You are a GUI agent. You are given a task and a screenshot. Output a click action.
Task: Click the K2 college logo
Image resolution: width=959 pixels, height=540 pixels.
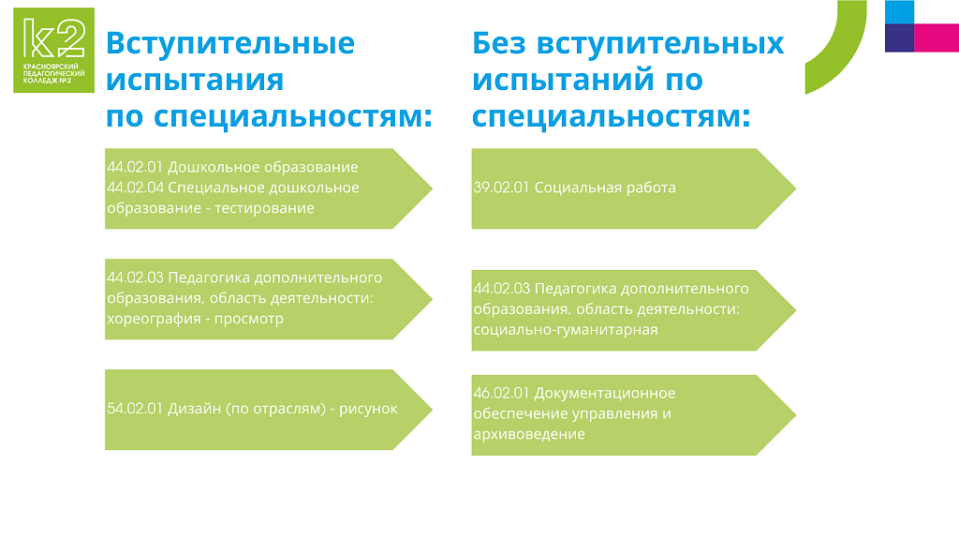[53, 51]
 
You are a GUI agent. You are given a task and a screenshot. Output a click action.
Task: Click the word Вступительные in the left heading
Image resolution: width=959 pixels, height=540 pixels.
[230, 43]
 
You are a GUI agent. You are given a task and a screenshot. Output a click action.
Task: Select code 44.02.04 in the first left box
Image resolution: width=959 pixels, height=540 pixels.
[135, 187]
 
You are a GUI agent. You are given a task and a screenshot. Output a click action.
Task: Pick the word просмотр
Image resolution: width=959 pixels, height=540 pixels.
[249, 319]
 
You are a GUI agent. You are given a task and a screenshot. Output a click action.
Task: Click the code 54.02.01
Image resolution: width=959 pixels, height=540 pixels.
[135, 409]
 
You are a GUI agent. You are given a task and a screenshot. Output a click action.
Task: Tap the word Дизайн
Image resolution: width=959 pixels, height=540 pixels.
[195, 409]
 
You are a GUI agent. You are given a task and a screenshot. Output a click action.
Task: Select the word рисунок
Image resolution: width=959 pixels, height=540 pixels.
[368, 409]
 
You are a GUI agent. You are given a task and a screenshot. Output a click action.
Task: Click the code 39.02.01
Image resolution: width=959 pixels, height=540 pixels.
[502, 187]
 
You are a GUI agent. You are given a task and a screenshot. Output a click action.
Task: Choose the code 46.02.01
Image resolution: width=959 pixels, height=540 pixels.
[502, 393]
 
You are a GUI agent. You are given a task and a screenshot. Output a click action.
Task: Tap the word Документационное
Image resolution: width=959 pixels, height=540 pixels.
[605, 393]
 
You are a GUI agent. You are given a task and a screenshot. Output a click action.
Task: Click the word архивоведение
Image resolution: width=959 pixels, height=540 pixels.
[529, 434]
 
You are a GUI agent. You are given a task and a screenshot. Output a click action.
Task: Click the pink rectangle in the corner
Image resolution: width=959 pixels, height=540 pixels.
[937, 37]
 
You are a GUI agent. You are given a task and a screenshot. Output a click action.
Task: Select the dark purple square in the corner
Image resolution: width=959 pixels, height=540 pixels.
[900, 37]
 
